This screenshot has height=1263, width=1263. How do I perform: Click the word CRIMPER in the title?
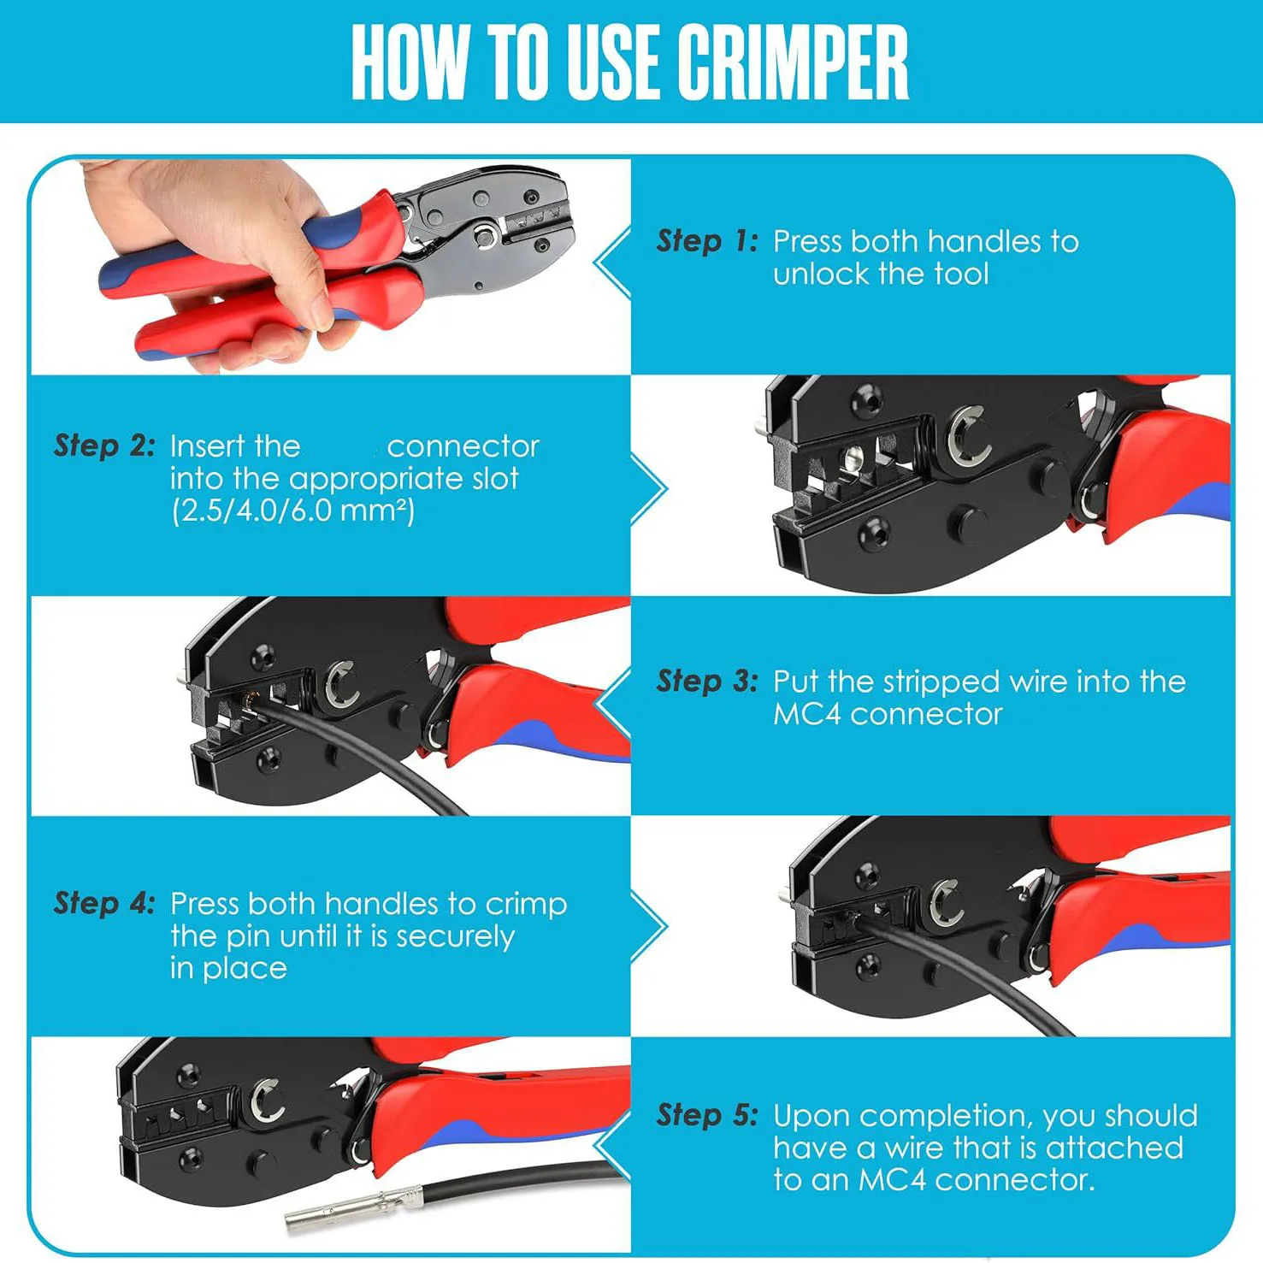(x=794, y=61)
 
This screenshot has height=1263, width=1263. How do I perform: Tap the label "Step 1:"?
(x=707, y=241)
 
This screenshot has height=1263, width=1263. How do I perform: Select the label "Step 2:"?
(x=104, y=446)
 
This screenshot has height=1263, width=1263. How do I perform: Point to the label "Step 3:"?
(x=707, y=682)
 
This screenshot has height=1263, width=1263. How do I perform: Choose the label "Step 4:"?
(x=104, y=903)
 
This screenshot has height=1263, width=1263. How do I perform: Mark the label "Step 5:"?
(x=707, y=1115)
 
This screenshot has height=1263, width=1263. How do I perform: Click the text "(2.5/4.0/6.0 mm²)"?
(x=293, y=511)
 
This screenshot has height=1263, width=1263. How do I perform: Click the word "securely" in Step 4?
(x=455, y=936)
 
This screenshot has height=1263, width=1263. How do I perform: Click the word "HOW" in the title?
(x=410, y=61)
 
